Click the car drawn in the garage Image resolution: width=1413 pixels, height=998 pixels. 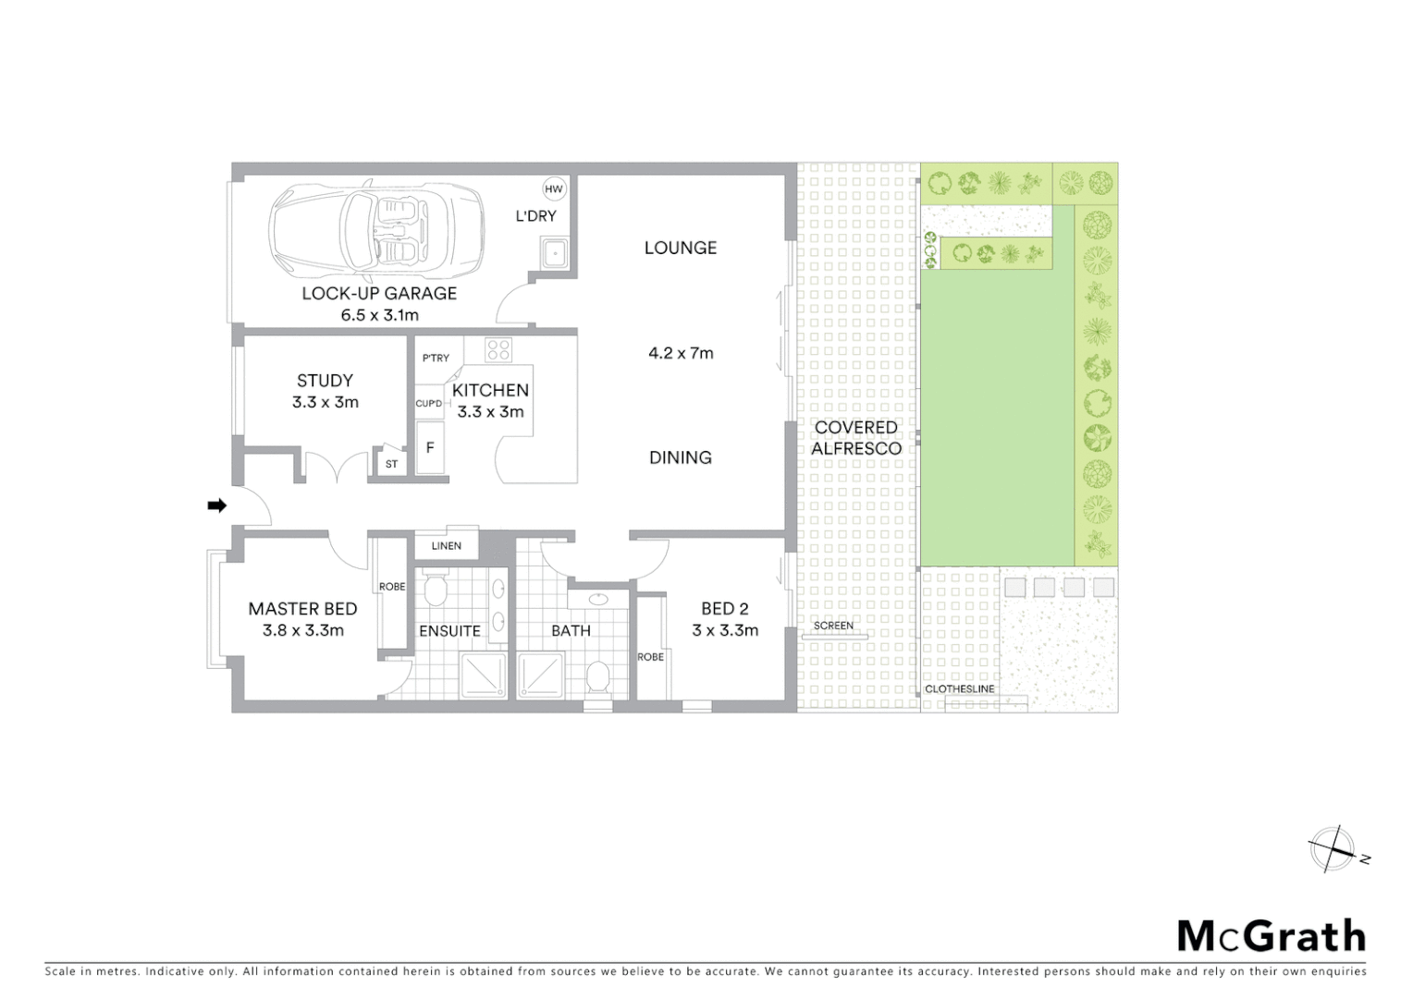376,230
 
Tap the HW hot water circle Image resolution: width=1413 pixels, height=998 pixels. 553,189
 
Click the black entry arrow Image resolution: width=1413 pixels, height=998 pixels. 216,505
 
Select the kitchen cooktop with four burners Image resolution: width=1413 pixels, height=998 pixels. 498,349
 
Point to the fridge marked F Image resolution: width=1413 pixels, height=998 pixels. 430,448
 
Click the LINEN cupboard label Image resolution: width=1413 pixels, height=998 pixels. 446,545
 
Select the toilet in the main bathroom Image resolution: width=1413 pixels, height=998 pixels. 598,677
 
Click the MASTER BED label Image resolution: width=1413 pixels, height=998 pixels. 302,609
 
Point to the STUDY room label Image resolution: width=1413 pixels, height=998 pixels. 325,381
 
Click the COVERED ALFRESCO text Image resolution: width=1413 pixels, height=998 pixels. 855,438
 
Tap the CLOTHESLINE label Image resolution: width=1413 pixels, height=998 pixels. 960,688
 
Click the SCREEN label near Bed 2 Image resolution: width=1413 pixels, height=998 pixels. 833,626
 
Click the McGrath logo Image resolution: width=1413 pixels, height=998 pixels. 1271,936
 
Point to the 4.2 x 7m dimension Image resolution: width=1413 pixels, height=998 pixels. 681,353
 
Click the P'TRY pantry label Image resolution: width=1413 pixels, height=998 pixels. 436,359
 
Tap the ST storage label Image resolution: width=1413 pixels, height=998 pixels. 391,464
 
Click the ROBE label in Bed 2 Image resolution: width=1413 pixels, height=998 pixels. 650,657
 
